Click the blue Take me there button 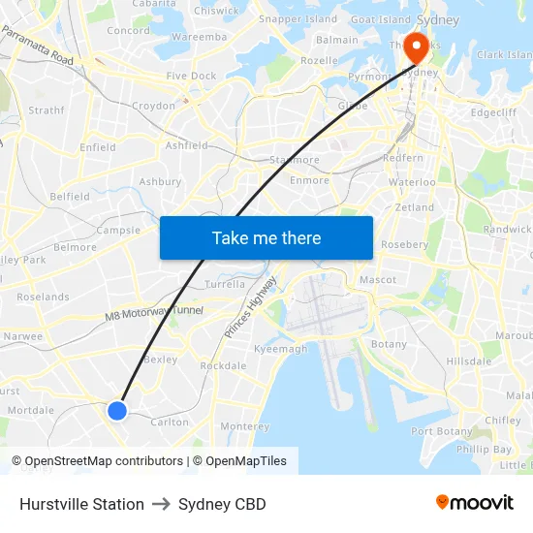(266, 237)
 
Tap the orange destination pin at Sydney (417, 48)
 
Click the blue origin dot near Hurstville (117, 411)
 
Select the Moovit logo (474, 503)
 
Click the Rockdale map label (223, 366)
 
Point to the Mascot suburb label (377, 280)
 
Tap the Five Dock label (191, 76)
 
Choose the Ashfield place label (187, 145)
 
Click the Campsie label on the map (118, 231)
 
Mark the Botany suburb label (389, 344)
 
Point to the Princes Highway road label (250, 306)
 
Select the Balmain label (337, 41)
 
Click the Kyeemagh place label (280, 349)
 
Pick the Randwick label (507, 230)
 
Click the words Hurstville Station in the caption (81, 504)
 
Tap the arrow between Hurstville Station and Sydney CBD (161, 504)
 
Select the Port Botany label (441, 431)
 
